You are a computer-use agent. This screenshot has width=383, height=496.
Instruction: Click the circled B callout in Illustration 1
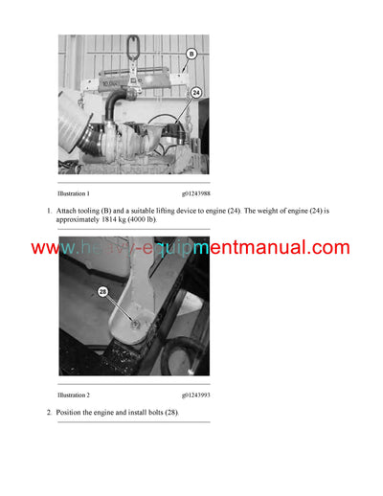coord(190,55)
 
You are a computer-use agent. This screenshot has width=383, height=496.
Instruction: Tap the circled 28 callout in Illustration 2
coord(102,291)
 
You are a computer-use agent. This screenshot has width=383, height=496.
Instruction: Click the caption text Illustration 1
coord(74,193)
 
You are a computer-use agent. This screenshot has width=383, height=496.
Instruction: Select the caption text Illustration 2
coord(74,394)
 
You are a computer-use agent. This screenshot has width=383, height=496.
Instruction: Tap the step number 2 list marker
coord(49,412)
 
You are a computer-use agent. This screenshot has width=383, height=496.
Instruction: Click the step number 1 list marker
coord(49,210)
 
